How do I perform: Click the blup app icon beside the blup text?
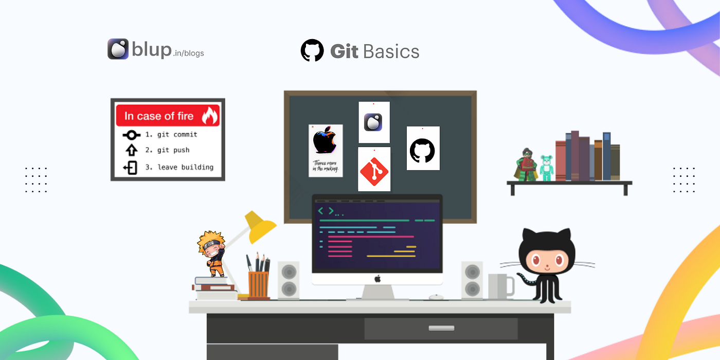coord(118,49)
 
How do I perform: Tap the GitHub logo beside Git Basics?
coord(312,50)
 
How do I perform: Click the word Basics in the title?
coord(391,51)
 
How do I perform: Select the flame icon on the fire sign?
coord(209,116)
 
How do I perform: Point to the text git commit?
coord(177,135)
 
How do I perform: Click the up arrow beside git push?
coord(132,150)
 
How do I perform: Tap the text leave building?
coord(186,167)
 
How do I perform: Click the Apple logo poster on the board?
coord(325,150)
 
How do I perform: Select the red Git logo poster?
coord(374,169)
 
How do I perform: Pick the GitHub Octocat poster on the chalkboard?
coord(423,148)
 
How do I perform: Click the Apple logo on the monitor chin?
coord(377,279)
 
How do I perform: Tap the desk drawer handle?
coord(441,328)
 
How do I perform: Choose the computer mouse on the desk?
coord(436,297)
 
